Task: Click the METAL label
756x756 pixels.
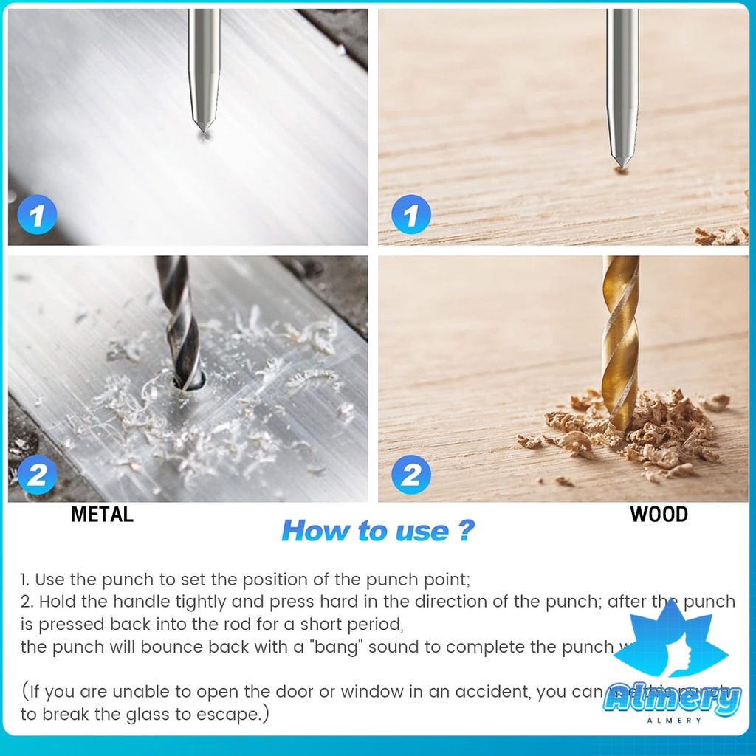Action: click(102, 515)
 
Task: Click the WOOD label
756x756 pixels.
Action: click(659, 515)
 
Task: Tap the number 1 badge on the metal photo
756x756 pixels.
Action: click(37, 216)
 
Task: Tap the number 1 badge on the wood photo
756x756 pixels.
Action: click(411, 216)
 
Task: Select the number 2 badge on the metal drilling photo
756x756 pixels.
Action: click(37, 475)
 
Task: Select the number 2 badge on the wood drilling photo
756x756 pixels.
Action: click(411, 475)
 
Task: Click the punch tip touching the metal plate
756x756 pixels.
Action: click(204, 130)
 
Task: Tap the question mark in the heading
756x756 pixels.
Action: click(464, 531)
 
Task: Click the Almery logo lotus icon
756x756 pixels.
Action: click(672, 642)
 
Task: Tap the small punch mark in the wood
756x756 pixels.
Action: click(622, 171)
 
